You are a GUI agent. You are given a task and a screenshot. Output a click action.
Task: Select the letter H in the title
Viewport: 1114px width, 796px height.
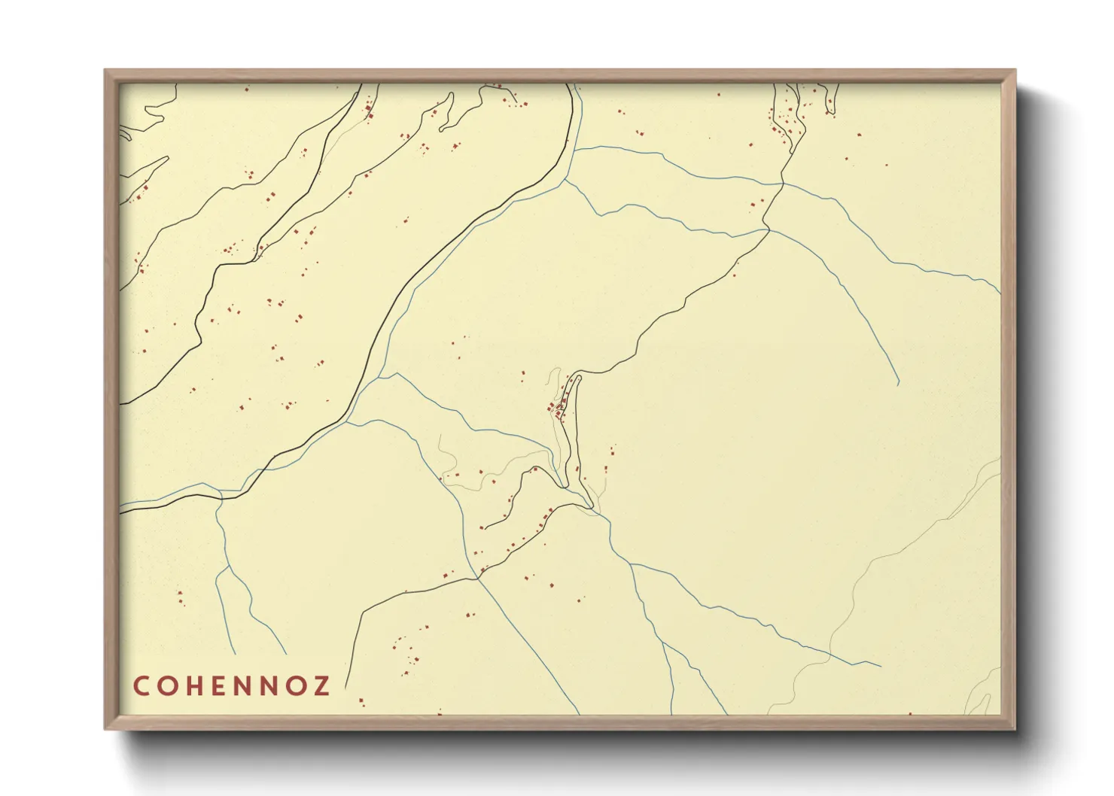tap(196, 686)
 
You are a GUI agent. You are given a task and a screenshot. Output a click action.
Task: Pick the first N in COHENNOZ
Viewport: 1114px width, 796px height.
tap(246, 686)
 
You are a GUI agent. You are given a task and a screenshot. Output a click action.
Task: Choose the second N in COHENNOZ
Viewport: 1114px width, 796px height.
tap(274, 686)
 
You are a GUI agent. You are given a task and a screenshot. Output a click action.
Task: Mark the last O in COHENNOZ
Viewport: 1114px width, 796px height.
tap(300, 686)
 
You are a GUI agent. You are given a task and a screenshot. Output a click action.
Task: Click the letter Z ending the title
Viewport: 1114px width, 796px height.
tap(323, 686)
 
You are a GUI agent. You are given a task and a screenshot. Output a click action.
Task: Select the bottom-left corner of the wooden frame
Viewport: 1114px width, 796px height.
tap(106, 728)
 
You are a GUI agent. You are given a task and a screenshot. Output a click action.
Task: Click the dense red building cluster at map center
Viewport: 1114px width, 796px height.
tap(558, 409)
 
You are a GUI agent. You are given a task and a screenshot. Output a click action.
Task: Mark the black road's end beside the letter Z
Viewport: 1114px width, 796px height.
tap(347, 688)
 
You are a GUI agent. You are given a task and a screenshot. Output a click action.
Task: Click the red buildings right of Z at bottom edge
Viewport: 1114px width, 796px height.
tap(361, 702)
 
